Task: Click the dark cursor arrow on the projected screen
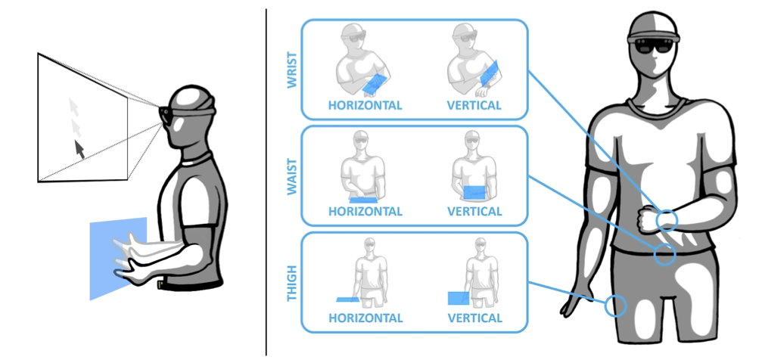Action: point(79,148)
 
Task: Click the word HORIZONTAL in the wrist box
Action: point(365,106)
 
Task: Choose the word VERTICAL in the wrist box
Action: point(474,106)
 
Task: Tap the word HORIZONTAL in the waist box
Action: point(365,212)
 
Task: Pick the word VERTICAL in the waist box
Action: point(474,212)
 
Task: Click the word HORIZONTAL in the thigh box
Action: point(365,318)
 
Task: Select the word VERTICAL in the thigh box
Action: point(474,318)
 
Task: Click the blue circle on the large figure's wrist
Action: point(667,220)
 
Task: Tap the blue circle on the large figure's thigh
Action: point(617,306)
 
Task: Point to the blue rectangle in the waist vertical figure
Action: point(474,192)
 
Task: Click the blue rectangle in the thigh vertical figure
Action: point(457,297)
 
